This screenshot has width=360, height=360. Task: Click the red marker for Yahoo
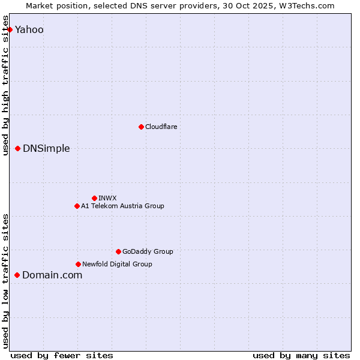click(x=10, y=29)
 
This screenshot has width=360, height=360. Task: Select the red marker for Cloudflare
click(x=141, y=127)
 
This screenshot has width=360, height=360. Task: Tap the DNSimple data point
click(x=17, y=148)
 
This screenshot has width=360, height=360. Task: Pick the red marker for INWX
click(x=94, y=198)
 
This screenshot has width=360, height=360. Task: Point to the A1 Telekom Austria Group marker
click(x=77, y=206)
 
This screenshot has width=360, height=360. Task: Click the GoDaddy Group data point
click(x=118, y=251)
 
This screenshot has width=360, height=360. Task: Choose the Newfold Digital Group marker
click(x=78, y=264)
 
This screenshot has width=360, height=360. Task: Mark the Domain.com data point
click(x=17, y=275)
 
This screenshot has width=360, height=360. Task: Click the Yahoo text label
click(x=29, y=30)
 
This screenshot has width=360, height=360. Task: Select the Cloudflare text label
click(x=161, y=127)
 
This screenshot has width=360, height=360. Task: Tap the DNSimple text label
click(x=46, y=149)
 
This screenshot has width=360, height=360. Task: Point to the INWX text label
click(x=108, y=198)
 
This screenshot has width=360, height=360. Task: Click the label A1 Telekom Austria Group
click(x=122, y=206)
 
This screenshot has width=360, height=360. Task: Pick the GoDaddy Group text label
click(x=148, y=251)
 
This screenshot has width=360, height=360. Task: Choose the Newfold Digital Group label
click(x=117, y=264)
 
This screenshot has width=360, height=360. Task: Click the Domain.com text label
click(x=52, y=275)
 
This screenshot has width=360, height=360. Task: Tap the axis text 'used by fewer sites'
click(x=62, y=355)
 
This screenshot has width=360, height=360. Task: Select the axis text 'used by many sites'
click(x=301, y=355)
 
